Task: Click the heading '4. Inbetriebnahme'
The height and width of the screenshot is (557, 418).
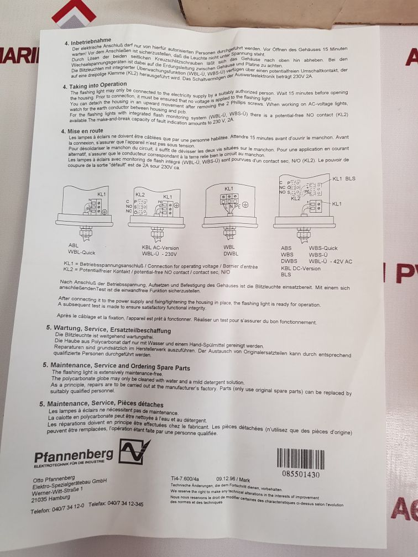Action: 88,42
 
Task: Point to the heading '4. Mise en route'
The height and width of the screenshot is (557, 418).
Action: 82,132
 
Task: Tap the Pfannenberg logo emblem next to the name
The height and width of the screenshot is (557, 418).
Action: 135,451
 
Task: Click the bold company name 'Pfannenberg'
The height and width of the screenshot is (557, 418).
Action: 74,456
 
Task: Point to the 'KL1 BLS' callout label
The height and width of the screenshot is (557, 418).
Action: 344,178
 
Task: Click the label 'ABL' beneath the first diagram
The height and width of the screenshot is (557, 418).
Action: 74,245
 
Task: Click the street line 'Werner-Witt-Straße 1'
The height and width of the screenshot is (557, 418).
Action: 59,490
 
